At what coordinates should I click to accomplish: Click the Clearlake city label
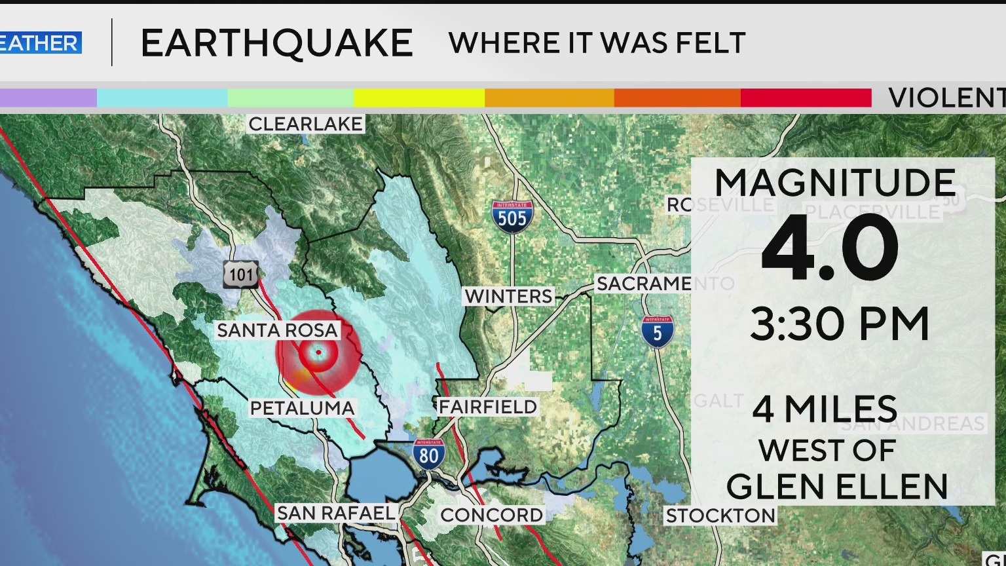click(305, 124)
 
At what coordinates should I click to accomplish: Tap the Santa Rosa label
click(278, 330)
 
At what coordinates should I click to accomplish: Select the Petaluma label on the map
click(302, 408)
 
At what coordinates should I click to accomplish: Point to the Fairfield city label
click(488, 407)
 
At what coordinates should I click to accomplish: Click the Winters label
click(509, 296)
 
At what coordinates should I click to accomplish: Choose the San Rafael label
click(336, 513)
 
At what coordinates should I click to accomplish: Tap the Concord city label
click(492, 515)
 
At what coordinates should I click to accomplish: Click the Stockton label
click(720, 516)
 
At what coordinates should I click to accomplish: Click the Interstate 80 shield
click(429, 453)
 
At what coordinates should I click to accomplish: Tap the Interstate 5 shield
click(657, 331)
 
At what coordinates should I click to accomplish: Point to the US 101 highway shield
click(241, 274)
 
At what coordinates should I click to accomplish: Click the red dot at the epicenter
click(318, 352)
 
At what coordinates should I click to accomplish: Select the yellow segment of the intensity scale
click(419, 98)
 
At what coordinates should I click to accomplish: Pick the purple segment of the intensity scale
click(48, 98)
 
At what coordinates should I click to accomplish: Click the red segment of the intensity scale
click(806, 98)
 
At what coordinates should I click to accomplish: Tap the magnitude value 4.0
click(830, 248)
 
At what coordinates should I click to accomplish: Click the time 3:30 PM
click(840, 324)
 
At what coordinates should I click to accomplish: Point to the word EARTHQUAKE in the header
click(276, 43)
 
